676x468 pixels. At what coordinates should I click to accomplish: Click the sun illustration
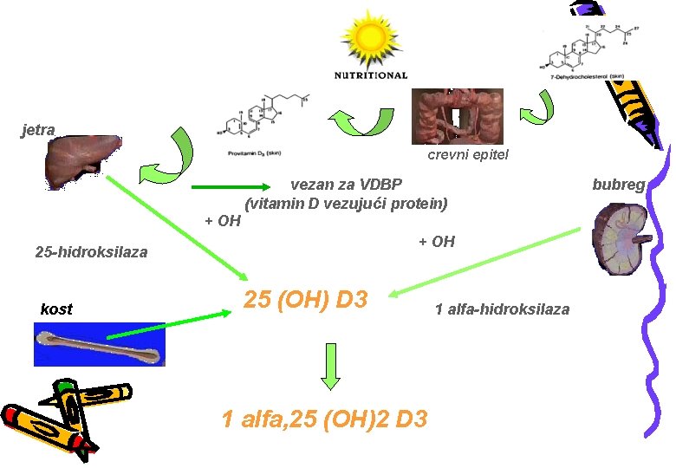[370, 36]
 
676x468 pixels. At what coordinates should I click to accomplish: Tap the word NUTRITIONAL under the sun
[370, 75]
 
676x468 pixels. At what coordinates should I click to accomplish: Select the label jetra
[38, 130]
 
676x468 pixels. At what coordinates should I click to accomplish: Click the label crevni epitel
[468, 154]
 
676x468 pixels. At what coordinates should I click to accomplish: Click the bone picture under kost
[100, 344]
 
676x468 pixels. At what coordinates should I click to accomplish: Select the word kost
[56, 309]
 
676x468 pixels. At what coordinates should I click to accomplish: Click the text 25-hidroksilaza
[91, 252]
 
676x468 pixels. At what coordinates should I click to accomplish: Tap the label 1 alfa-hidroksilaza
[502, 309]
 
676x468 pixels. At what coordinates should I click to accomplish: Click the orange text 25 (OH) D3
[307, 300]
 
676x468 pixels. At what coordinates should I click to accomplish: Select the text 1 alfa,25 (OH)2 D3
[324, 419]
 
